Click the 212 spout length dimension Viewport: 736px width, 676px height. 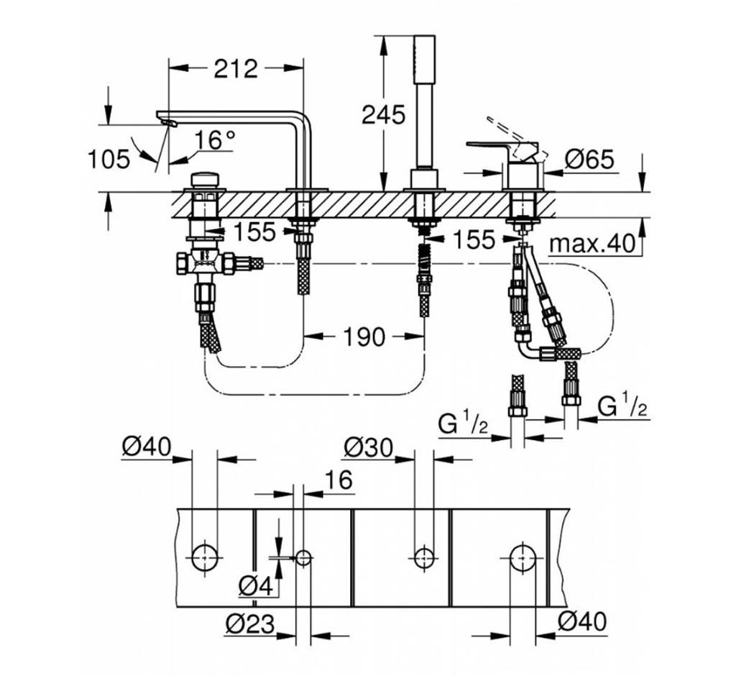pyautogui.click(x=236, y=68)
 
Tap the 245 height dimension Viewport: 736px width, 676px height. pyautogui.click(x=383, y=114)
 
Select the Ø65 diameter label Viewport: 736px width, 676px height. pyautogui.click(x=589, y=160)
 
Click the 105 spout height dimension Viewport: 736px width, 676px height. pyautogui.click(x=109, y=159)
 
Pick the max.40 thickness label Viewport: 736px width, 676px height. pyautogui.click(x=592, y=244)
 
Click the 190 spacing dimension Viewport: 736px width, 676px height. pyautogui.click(x=364, y=337)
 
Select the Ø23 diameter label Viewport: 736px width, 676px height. pyautogui.click(x=249, y=624)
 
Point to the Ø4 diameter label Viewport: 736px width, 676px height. pyautogui.click(x=256, y=586)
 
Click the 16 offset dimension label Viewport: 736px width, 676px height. pyautogui.click(x=339, y=480)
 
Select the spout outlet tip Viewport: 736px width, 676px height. pyautogui.click(x=169, y=123)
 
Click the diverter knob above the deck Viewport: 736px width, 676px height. pyautogui.click(x=204, y=180)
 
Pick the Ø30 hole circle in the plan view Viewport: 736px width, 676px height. pyautogui.click(x=424, y=557)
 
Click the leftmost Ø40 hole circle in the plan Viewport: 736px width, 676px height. pyautogui.click(x=205, y=557)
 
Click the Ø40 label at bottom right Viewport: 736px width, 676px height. pyautogui.click(x=582, y=621)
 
